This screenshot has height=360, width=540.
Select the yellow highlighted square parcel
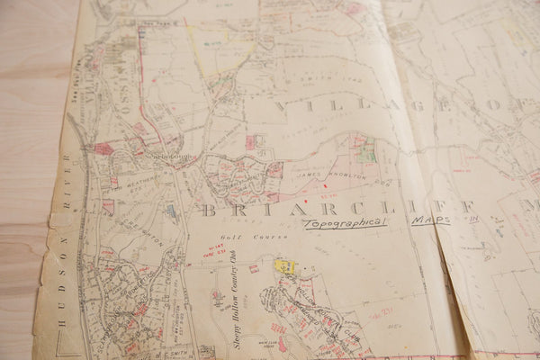point(284,266)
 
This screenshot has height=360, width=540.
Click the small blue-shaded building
point(171,211)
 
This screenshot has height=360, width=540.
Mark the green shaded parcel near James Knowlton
point(365,153)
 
